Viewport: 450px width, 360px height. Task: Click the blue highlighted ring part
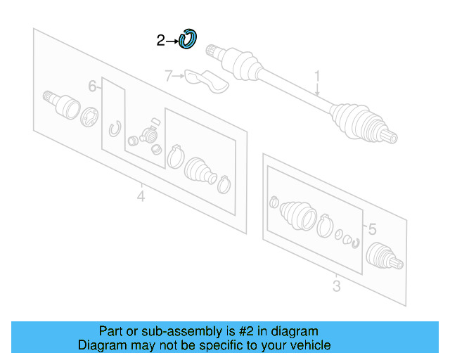click(188, 40)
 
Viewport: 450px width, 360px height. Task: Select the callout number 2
click(160, 41)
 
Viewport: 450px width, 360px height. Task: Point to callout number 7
click(168, 76)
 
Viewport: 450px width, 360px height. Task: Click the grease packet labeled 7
click(206, 80)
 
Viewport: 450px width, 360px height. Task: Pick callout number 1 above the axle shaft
click(317, 75)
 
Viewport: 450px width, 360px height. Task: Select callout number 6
click(92, 86)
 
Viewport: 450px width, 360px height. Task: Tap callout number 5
click(372, 229)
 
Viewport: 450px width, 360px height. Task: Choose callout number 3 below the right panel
click(336, 285)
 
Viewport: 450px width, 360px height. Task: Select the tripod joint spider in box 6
click(148, 133)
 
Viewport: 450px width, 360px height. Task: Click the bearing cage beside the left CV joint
click(91, 117)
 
